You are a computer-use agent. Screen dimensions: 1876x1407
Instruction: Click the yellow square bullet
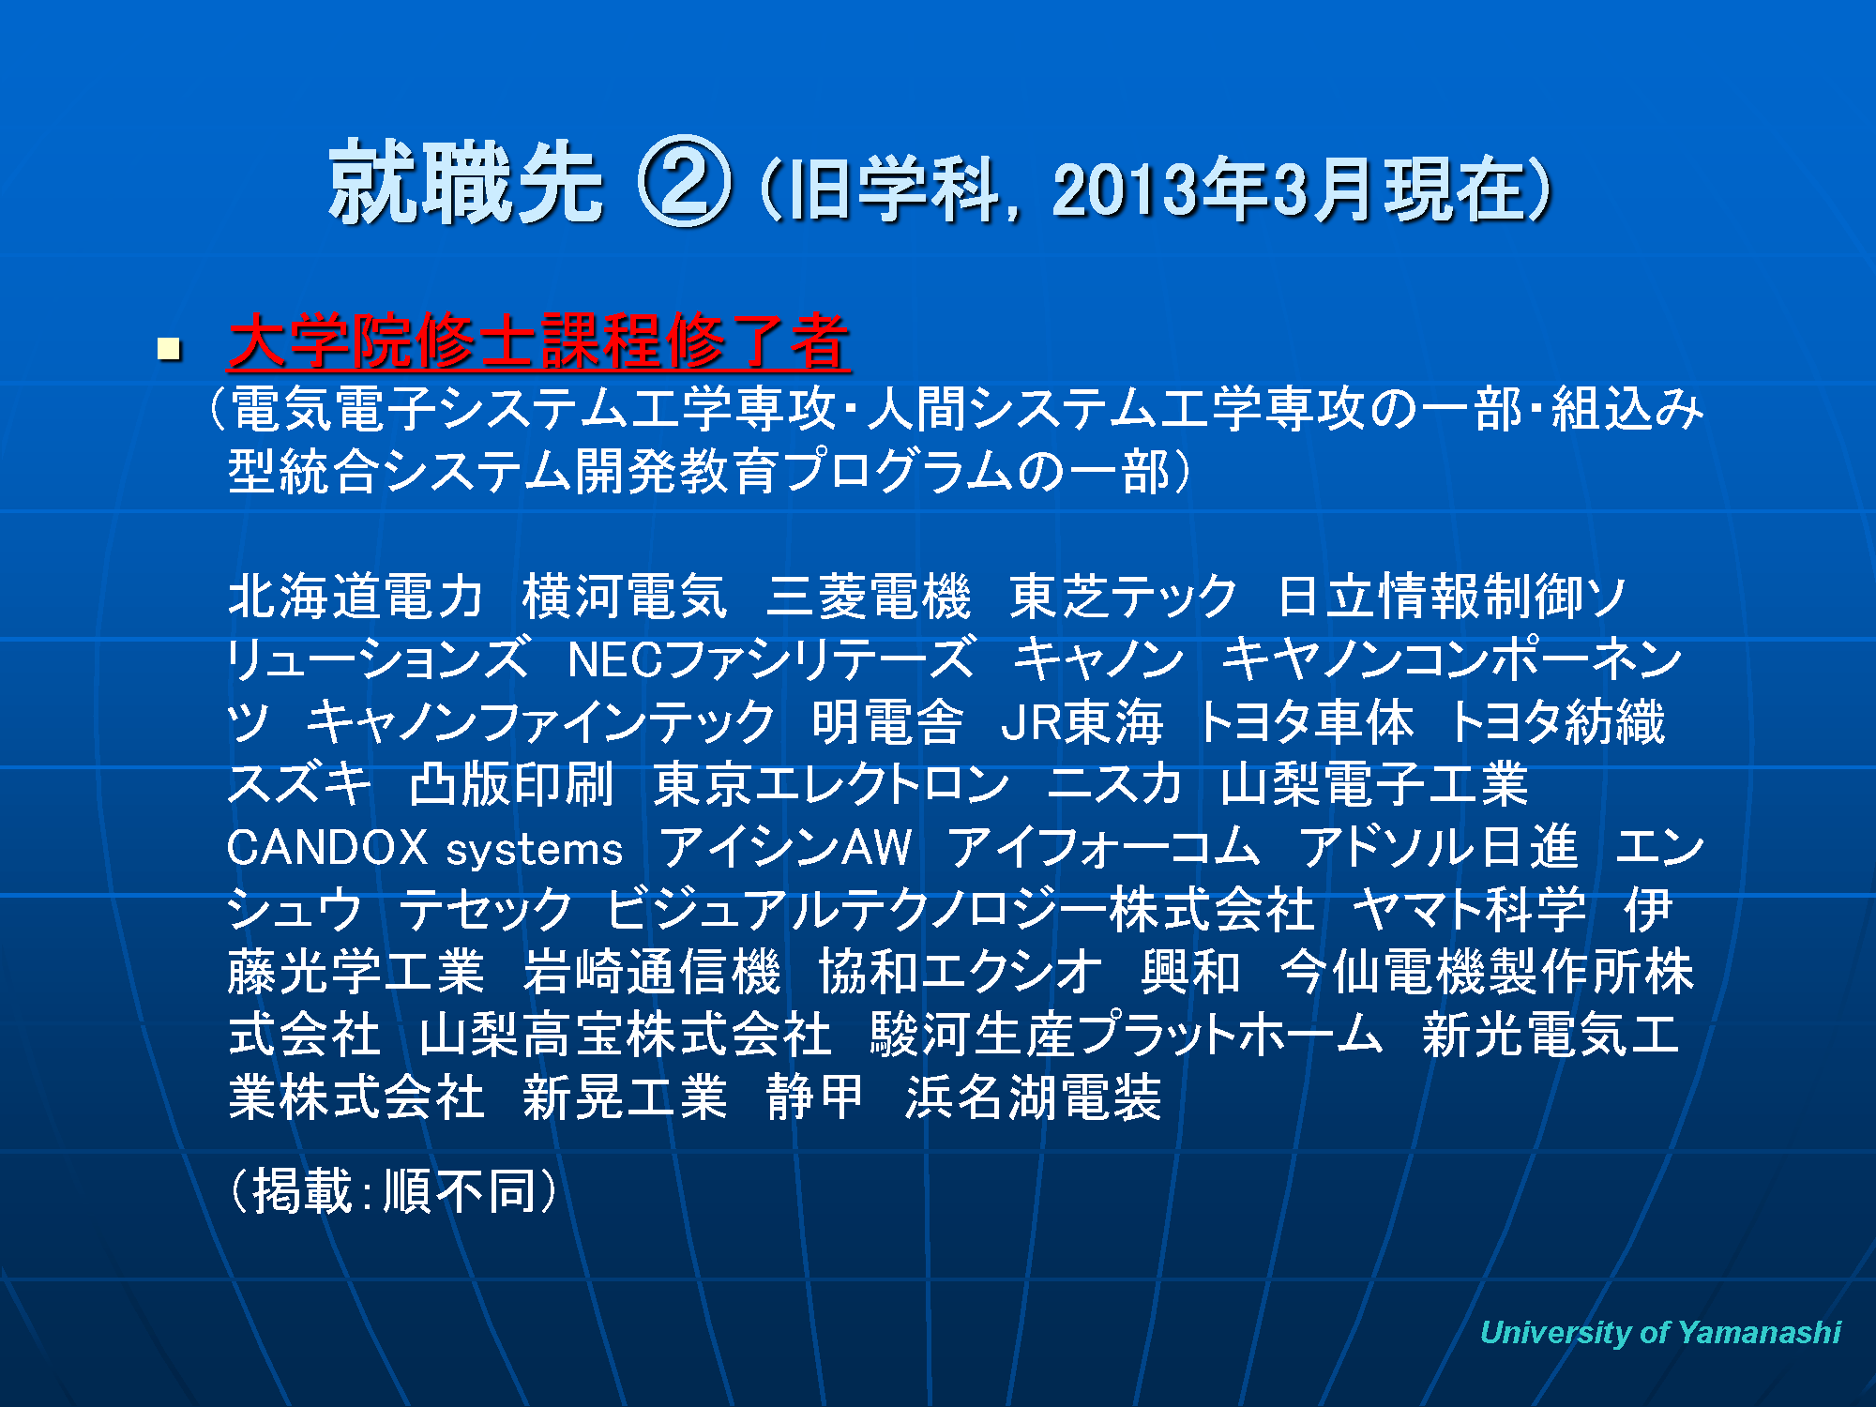pyautogui.click(x=169, y=350)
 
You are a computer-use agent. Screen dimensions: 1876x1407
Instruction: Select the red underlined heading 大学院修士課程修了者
pyautogui.click(x=539, y=341)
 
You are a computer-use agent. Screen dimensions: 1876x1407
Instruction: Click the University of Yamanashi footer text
pyautogui.click(x=1660, y=1332)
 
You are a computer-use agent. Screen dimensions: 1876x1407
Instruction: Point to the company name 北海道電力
pyautogui.click(x=356, y=597)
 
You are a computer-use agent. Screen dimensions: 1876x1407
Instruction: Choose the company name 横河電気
pyautogui.click(x=625, y=597)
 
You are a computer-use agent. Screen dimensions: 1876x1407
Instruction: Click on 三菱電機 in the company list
pyautogui.click(x=869, y=597)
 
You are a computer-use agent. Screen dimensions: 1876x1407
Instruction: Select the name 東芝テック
pyautogui.click(x=1124, y=597)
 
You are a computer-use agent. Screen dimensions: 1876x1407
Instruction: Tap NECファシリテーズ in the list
pyautogui.click(x=771, y=659)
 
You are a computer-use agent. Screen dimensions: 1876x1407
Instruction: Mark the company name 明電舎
pyautogui.click(x=887, y=722)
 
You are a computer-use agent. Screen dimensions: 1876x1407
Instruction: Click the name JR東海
pyautogui.click(x=1082, y=722)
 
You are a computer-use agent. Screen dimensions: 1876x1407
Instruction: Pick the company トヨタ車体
pyautogui.click(x=1306, y=722)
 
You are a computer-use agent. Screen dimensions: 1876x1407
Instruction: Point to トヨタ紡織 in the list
pyautogui.click(x=1557, y=722)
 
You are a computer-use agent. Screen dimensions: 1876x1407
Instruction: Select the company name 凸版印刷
pyautogui.click(x=512, y=785)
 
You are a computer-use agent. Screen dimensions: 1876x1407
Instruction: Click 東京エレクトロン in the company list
pyautogui.click(x=831, y=785)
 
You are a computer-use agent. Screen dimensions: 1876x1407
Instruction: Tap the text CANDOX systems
pyautogui.click(x=425, y=848)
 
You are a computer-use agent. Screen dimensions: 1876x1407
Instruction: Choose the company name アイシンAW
pyautogui.click(x=785, y=848)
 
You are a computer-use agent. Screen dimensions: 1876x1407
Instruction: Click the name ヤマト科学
pyautogui.click(x=1469, y=910)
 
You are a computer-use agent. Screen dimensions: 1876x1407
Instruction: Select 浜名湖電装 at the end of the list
pyautogui.click(x=1034, y=1097)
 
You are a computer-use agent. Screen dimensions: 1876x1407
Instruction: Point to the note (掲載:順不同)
pyautogui.click(x=394, y=1191)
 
